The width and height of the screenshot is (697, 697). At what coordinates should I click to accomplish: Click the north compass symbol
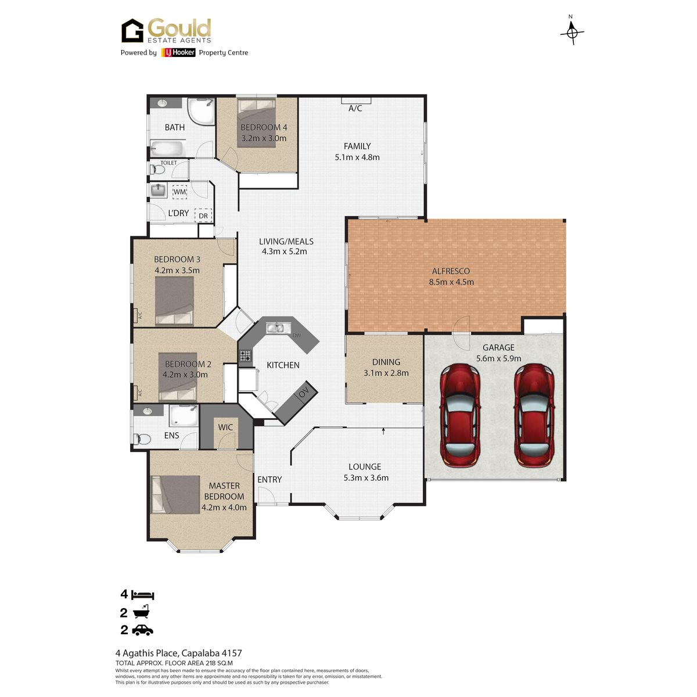572,32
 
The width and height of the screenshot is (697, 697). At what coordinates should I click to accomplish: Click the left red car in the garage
459,415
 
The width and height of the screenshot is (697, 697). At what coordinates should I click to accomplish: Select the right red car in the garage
534,415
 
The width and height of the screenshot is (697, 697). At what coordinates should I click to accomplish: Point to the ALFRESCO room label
451,271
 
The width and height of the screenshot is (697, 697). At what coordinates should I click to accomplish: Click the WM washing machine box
179,192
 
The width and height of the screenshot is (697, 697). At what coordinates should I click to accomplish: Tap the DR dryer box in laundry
203,215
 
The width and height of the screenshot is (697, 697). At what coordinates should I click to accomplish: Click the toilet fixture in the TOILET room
158,169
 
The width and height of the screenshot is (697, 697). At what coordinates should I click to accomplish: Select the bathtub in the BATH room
167,148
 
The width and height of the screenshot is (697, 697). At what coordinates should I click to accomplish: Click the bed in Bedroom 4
257,123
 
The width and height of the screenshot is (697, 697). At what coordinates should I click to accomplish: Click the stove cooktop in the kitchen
245,355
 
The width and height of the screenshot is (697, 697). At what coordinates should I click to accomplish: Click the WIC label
225,427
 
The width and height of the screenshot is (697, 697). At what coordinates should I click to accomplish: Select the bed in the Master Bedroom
175,494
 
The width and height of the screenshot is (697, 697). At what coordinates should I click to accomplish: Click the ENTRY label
270,479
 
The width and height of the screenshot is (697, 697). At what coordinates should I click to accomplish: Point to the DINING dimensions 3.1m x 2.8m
386,373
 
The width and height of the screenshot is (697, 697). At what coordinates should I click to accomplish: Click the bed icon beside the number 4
143,594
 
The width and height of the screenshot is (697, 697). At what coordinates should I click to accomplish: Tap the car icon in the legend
142,630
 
